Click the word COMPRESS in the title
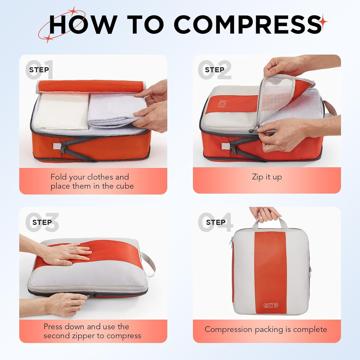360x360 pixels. [x=248, y=25]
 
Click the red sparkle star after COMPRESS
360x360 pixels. [x=324, y=22]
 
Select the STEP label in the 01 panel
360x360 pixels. [x=39, y=70]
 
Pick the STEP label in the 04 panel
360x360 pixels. [x=216, y=222]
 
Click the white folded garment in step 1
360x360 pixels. [x=61, y=111]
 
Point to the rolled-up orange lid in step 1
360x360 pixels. [x=91, y=86]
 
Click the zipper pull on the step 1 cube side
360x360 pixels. [x=63, y=150]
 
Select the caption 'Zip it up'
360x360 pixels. [x=267, y=177]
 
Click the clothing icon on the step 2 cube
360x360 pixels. [x=222, y=104]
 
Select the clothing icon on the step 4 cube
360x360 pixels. [x=271, y=305]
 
